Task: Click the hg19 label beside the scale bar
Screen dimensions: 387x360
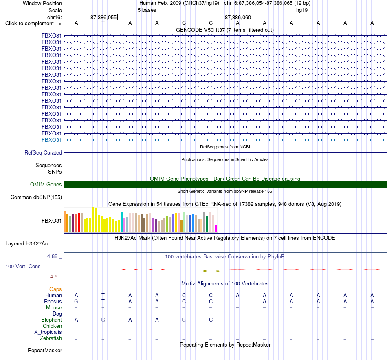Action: pos(301,10)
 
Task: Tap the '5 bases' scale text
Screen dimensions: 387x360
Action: pos(147,10)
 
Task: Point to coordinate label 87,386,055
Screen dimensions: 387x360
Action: pos(103,17)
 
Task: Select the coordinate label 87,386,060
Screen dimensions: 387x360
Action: pos(237,17)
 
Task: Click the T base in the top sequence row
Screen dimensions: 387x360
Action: pos(103,23)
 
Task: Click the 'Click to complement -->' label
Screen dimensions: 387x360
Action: pos(33,24)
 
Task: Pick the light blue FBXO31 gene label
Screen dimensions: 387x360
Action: pos(51,140)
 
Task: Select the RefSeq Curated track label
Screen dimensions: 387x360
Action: pos(43,153)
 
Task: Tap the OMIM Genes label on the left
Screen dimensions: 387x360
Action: pos(46,184)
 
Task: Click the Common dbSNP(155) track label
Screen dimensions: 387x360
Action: pos(36,197)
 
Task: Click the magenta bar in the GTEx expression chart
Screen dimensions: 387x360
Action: pos(216,228)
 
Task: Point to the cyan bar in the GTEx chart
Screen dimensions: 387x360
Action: pos(121,222)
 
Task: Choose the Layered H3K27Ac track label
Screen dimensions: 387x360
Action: pos(26,244)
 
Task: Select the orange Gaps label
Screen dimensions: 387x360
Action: pos(55,289)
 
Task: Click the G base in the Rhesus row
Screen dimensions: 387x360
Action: pos(76,301)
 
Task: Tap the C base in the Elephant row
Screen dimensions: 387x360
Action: pos(211,320)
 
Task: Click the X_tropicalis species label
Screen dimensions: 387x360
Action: pos(48,332)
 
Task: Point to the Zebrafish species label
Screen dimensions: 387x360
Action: pos(51,338)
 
